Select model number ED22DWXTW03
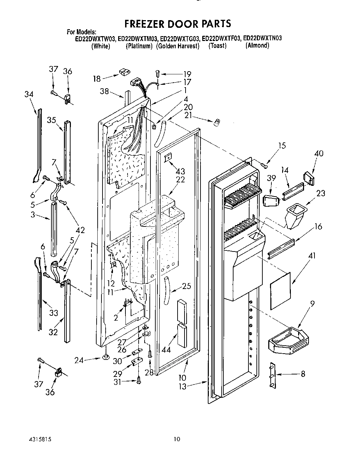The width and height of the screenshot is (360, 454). point(96,39)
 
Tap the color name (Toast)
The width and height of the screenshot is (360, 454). point(217,46)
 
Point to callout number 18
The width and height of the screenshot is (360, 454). point(97,79)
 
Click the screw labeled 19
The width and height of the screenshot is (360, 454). point(157,74)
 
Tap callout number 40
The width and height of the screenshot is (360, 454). point(318,154)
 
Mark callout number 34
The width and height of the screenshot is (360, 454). point(29,94)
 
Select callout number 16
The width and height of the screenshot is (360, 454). point(318,227)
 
